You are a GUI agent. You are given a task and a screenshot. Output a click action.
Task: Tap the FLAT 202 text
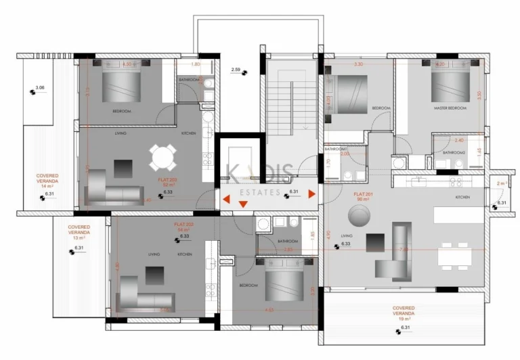[x=185, y=225]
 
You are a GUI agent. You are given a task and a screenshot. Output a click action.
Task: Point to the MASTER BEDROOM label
[x=451, y=108]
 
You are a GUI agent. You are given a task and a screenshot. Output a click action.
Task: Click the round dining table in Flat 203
[x=164, y=159]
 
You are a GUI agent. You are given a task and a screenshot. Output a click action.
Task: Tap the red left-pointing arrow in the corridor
[x=226, y=200]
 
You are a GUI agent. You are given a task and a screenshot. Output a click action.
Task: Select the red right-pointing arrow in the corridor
[x=311, y=194]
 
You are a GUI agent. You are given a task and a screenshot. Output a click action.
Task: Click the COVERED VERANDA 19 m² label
[x=404, y=312]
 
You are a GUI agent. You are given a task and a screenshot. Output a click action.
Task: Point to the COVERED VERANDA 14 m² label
[x=47, y=181]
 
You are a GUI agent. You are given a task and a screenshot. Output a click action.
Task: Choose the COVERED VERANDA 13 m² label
[x=79, y=232]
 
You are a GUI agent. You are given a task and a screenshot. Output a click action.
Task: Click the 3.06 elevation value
[x=40, y=88]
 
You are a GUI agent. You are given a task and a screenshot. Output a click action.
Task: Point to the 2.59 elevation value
[x=236, y=70]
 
